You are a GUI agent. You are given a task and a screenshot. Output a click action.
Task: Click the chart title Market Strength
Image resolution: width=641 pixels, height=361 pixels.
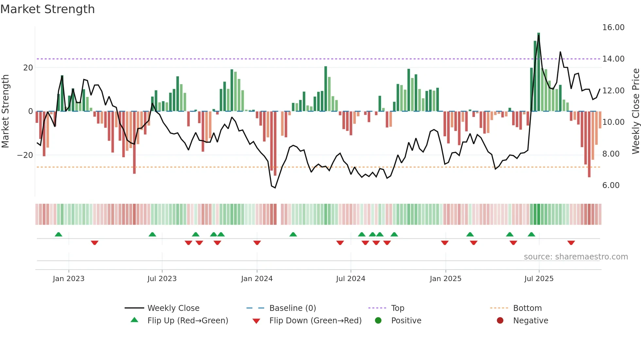pos(48,9)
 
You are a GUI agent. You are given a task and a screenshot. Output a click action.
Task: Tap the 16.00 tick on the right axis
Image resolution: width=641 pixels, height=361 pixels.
pos(613,28)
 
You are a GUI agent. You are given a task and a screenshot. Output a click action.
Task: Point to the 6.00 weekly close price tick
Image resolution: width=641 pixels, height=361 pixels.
pos(611,185)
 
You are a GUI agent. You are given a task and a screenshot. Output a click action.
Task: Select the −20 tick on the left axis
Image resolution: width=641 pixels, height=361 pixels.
pos(25,155)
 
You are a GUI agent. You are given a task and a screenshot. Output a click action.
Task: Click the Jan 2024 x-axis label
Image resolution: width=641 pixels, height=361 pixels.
pos(257,279)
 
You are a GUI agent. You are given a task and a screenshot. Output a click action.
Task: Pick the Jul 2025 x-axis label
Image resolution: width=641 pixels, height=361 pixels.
pos(539,279)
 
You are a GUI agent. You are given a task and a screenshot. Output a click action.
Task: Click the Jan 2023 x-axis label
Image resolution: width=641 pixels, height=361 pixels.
pos(69,279)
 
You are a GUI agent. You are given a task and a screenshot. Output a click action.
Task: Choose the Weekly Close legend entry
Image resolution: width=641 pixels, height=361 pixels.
pos(173,308)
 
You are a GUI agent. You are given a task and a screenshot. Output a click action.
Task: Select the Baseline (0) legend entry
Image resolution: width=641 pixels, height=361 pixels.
pos(292,308)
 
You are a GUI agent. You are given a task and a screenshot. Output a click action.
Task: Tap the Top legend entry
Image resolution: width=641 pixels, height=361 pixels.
pos(397,308)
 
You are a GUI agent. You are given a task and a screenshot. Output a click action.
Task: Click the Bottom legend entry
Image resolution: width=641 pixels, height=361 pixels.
pos(527,308)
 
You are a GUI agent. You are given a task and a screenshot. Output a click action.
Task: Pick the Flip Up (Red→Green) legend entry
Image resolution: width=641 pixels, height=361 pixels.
pos(187,321)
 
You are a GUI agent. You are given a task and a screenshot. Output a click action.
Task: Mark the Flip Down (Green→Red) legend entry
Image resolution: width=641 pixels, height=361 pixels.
pos(315,321)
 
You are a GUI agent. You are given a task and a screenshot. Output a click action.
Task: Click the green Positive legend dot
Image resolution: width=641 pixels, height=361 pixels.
pos(378,321)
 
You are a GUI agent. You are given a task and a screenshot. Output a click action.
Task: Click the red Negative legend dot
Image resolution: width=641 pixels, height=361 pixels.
pos(500,321)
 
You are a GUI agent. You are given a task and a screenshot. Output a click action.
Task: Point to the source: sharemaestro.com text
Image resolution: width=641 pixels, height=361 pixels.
pos(576,257)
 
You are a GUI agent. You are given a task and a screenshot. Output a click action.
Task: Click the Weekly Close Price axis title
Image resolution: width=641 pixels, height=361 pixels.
pos(635,111)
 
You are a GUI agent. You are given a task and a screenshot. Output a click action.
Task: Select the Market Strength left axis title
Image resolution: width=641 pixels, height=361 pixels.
pos(6,111)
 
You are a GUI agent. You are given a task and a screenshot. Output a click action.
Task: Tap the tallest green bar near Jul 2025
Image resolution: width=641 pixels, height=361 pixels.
pos(539,72)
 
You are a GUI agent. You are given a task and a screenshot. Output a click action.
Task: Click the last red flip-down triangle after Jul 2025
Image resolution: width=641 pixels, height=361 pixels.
pos(571,243)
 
